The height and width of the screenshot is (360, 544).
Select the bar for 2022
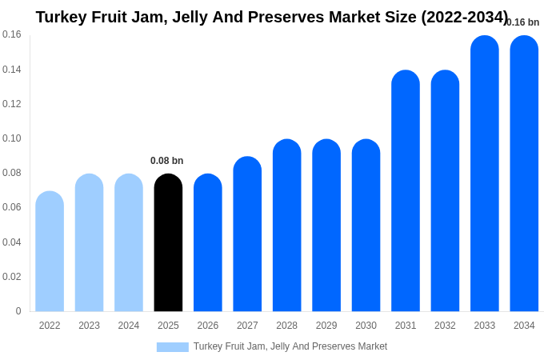[50, 251]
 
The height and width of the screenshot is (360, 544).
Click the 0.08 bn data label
[166, 161]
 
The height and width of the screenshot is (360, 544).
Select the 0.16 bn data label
[523, 22]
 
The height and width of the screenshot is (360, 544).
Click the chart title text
[272, 17]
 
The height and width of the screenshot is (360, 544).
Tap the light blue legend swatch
[172, 347]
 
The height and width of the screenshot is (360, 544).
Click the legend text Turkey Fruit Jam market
[290, 346]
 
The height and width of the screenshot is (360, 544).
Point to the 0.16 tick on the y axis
[12, 34]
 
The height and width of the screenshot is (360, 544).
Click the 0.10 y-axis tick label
[12, 138]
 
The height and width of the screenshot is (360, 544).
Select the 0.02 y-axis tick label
[12, 277]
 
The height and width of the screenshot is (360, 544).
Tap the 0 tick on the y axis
[18, 311]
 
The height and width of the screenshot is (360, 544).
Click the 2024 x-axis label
[129, 326]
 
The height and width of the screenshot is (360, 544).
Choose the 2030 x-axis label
[366, 326]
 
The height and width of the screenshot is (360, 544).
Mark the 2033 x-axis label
[485, 326]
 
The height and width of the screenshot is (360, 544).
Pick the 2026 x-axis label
[208, 326]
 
